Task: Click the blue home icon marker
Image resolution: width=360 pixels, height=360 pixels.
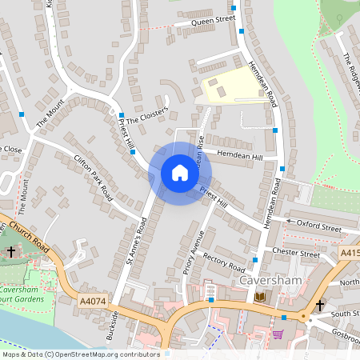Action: [180, 173]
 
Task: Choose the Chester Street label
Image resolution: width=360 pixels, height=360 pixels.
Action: [296, 250]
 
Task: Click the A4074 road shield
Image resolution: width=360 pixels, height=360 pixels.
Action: [92, 301]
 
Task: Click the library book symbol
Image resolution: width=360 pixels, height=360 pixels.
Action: [260, 298]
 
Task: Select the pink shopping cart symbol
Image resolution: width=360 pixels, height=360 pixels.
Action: [278, 334]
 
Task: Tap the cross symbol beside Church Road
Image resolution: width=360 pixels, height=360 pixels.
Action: [11, 252]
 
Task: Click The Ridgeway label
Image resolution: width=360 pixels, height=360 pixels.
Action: [351, 68]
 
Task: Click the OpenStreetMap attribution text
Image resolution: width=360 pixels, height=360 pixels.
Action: [79, 354]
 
